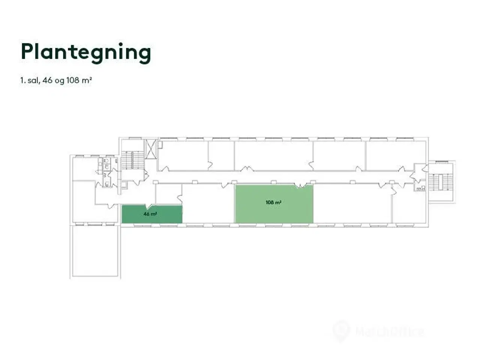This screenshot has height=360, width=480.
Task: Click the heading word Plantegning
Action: [86, 52]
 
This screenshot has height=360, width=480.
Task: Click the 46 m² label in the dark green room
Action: [150, 214]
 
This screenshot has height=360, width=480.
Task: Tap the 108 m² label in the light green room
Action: [273, 203]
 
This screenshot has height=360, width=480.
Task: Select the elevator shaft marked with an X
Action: [151, 149]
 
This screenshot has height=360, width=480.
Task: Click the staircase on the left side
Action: [132, 160]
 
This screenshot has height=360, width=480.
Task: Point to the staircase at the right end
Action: [437, 182]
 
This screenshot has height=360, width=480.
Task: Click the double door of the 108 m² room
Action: [300, 185]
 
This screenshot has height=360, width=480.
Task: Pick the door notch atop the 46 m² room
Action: [149, 205]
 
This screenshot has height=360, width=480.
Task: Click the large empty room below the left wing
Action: [95, 250]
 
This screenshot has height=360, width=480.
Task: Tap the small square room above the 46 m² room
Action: [168, 194]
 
